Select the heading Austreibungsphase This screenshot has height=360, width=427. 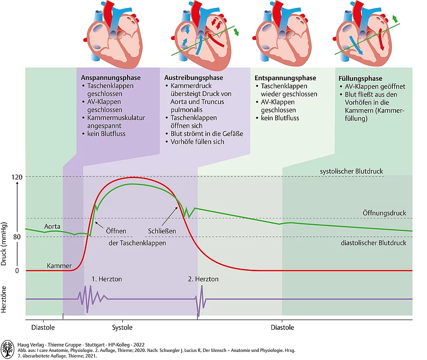click(194, 77)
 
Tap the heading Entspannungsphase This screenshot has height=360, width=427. click(285, 78)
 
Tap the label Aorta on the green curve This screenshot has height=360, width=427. click(52, 227)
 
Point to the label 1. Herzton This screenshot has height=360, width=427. click(107, 279)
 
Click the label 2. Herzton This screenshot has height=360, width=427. click(203, 279)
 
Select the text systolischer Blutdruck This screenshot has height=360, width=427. click(352, 171)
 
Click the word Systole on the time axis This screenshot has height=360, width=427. click(122, 327)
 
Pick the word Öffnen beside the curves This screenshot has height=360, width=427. click(116, 231)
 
